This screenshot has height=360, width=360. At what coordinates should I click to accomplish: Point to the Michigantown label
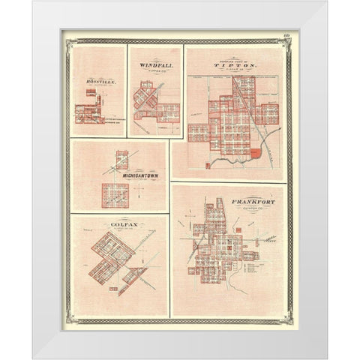click(139, 175)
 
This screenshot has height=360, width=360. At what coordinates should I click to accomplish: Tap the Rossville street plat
click(93, 108)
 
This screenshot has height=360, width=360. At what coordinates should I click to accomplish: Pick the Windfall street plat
click(153, 105)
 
